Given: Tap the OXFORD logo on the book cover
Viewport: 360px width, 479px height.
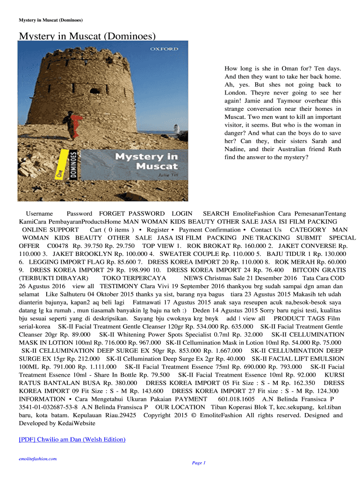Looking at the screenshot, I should click(x=164, y=49).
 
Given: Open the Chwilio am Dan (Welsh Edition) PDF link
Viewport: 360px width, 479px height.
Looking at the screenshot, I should click(x=72, y=439).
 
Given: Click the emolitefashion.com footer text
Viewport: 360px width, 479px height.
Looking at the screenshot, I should click(x=37, y=459).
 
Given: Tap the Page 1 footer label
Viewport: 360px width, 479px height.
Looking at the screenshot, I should click(x=199, y=463).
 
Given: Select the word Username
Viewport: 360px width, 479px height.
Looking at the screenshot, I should click(x=39, y=213).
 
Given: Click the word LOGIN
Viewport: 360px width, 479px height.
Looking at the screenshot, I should click(x=182, y=213).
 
